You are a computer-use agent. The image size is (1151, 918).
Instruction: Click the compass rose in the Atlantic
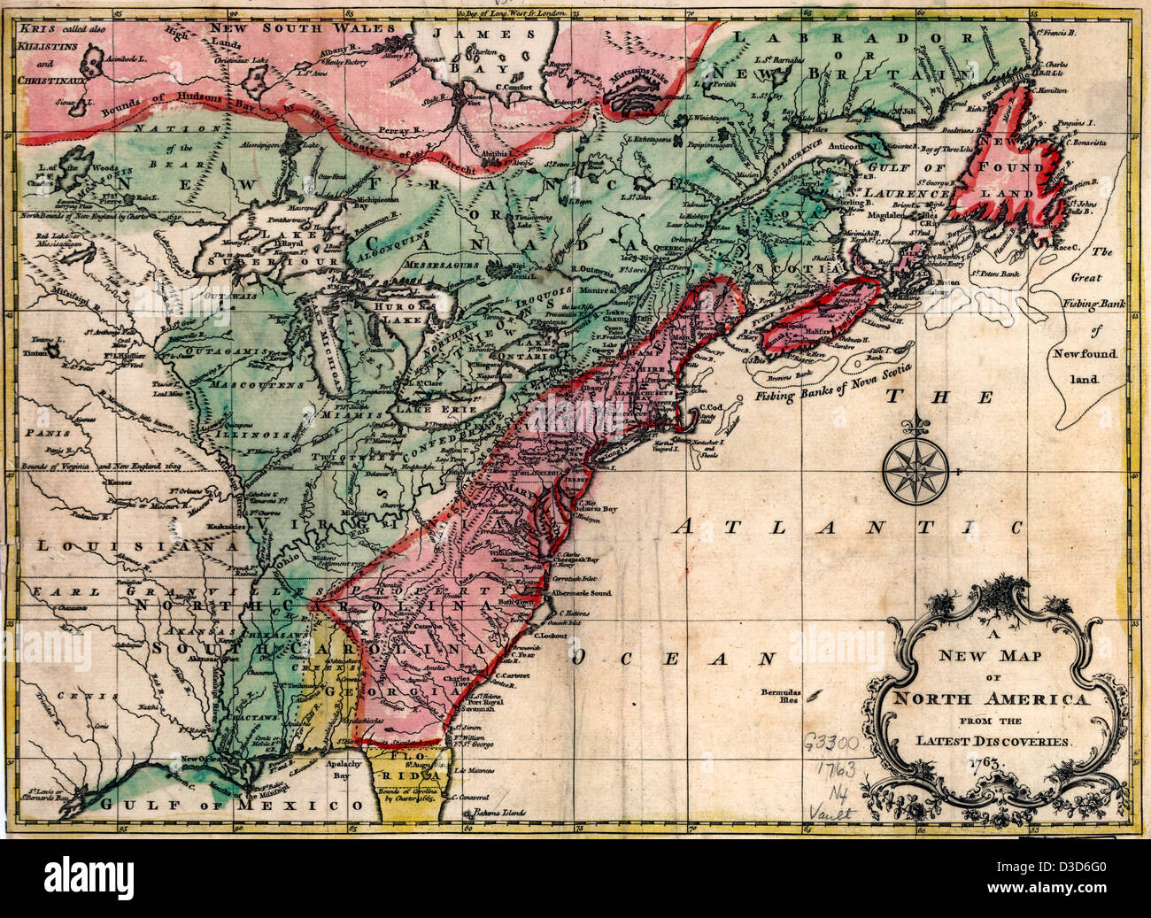(x=916, y=467)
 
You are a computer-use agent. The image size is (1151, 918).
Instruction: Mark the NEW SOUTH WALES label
(x=290, y=27)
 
